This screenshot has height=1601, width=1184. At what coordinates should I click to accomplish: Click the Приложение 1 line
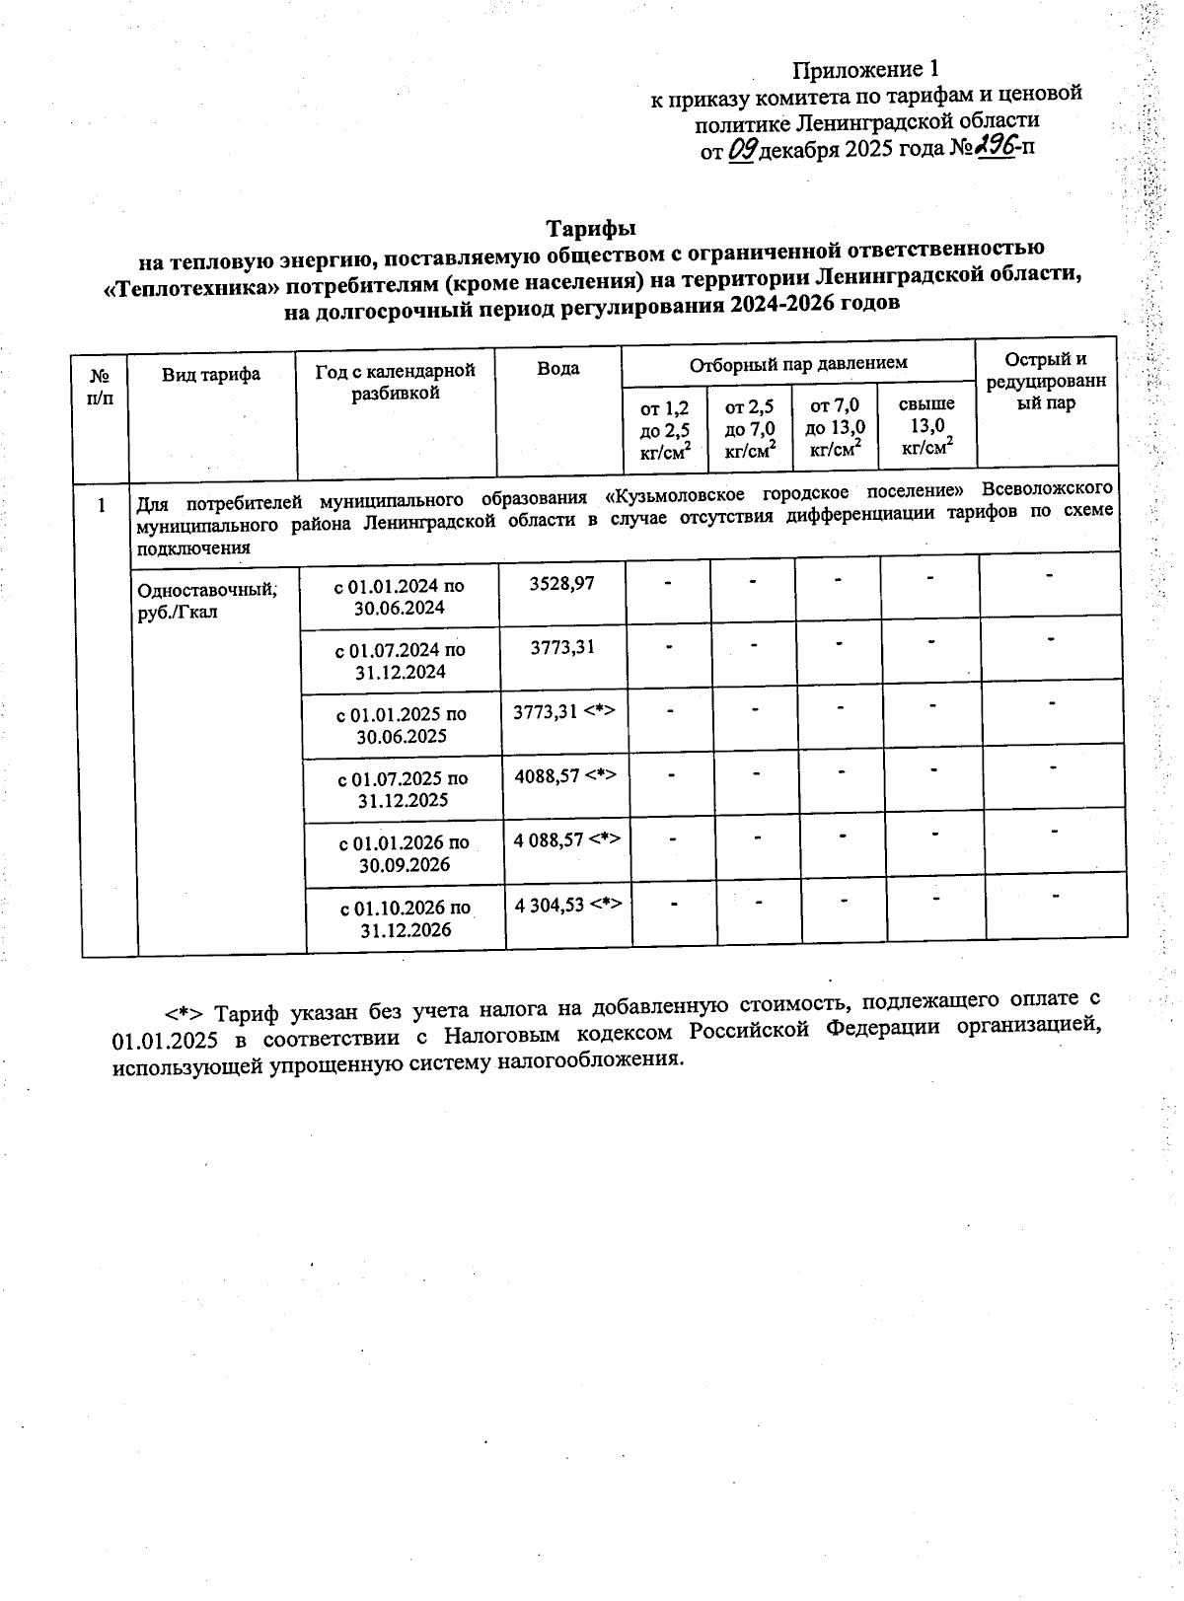point(864,69)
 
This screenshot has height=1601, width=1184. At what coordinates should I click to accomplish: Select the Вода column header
point(557,369)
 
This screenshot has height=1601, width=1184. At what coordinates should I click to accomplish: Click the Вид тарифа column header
point(211,374)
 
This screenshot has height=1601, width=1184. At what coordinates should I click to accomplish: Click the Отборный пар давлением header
point(797,364)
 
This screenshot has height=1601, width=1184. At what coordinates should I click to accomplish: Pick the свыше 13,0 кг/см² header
point(926,426)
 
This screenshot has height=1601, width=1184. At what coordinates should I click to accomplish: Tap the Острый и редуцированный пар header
point(1045,381)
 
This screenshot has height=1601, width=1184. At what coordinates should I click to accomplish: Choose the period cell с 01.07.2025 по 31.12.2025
point(403,789)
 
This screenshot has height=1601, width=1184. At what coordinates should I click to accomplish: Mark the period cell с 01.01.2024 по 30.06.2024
point(400,597)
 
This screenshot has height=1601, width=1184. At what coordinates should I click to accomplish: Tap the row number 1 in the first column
point(102,506)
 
